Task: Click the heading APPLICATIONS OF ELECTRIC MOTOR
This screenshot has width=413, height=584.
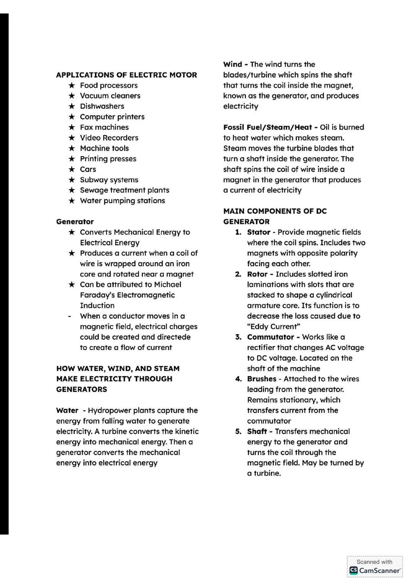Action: pos(126,75)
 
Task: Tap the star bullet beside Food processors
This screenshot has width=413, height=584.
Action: pos(72,85)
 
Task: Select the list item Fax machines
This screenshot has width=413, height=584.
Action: pos(104,127)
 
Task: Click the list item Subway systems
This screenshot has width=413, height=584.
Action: pos(109,180)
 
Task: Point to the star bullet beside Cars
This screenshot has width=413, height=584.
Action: pos(72,169)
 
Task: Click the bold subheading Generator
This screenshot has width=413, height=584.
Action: pos(75,222)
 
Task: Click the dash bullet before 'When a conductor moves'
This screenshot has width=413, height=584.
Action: pos(69,316)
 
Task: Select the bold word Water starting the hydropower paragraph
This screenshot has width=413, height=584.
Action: pos(67,410)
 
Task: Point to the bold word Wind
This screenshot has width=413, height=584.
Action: pos(233,65)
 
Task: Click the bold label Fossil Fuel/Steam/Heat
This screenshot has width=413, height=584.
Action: pos(267,127)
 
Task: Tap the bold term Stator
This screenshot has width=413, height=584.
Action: pos(259,232)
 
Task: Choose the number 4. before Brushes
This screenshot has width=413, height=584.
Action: pos(238,379)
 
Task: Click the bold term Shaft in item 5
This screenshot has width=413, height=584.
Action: pos(257,432)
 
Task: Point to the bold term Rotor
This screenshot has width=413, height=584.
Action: pos(257,274)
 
